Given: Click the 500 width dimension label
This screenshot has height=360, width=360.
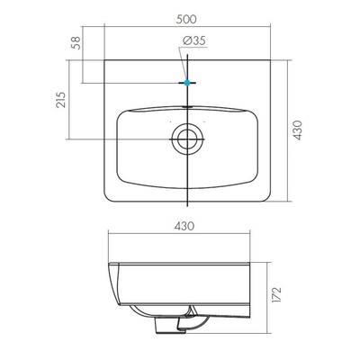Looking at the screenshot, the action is tap(186, 19).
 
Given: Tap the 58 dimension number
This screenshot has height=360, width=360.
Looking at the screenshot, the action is tap(76, 43).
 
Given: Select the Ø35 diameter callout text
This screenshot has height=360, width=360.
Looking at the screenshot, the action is tap(194, 40).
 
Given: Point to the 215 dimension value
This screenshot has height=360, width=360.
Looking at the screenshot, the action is tap(60, 100).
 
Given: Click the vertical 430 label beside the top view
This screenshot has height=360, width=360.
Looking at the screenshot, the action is tap(297, 130).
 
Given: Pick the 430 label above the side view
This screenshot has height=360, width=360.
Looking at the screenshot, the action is tap(184, 226).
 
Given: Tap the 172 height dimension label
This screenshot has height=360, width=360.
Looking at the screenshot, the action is tap(276, 295).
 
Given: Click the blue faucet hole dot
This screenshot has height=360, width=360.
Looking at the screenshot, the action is tap(187, 83).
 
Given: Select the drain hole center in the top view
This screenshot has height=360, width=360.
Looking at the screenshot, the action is tap(187, 139).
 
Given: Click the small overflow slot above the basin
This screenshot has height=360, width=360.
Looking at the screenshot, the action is tap(187, 106).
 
